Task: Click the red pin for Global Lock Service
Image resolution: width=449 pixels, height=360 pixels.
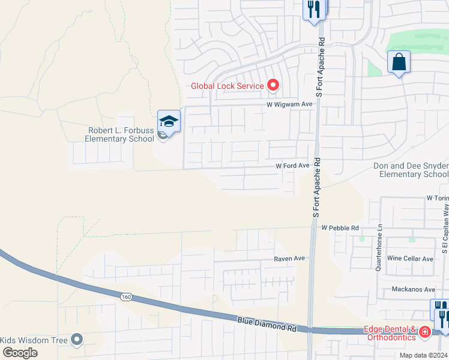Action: click(x=273, y=85)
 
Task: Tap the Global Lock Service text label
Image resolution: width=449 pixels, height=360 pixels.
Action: click(x=228, y=86)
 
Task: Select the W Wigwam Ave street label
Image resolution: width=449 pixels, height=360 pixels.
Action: click(x=291, y=104)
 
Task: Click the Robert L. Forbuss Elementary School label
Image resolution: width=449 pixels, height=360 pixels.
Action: click(x=121, y=134)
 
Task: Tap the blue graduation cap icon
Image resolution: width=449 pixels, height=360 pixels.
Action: click(x=169, y=122)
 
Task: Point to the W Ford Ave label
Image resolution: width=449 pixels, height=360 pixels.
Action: click(x=292, y=166)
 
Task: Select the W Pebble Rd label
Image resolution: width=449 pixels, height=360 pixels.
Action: click(x=340, y=228)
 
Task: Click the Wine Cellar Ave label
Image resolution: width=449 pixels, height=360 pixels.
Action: click(x=411, y=259)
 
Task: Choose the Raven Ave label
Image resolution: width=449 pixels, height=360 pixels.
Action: click(x=290, y=259)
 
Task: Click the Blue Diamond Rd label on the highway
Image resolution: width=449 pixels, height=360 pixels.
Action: click(x=267, y=325)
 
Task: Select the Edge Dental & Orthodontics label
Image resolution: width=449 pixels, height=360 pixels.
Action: click(x=390, y=333)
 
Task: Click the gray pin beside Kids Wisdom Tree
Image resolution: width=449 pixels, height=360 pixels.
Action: click(x=76, y=340)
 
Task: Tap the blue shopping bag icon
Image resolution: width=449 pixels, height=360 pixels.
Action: click(x=399, y=62)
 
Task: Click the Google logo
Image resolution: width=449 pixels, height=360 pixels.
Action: click(x=20, y=353)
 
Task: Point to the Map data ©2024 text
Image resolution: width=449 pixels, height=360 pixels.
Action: click(x=423, y=355)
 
